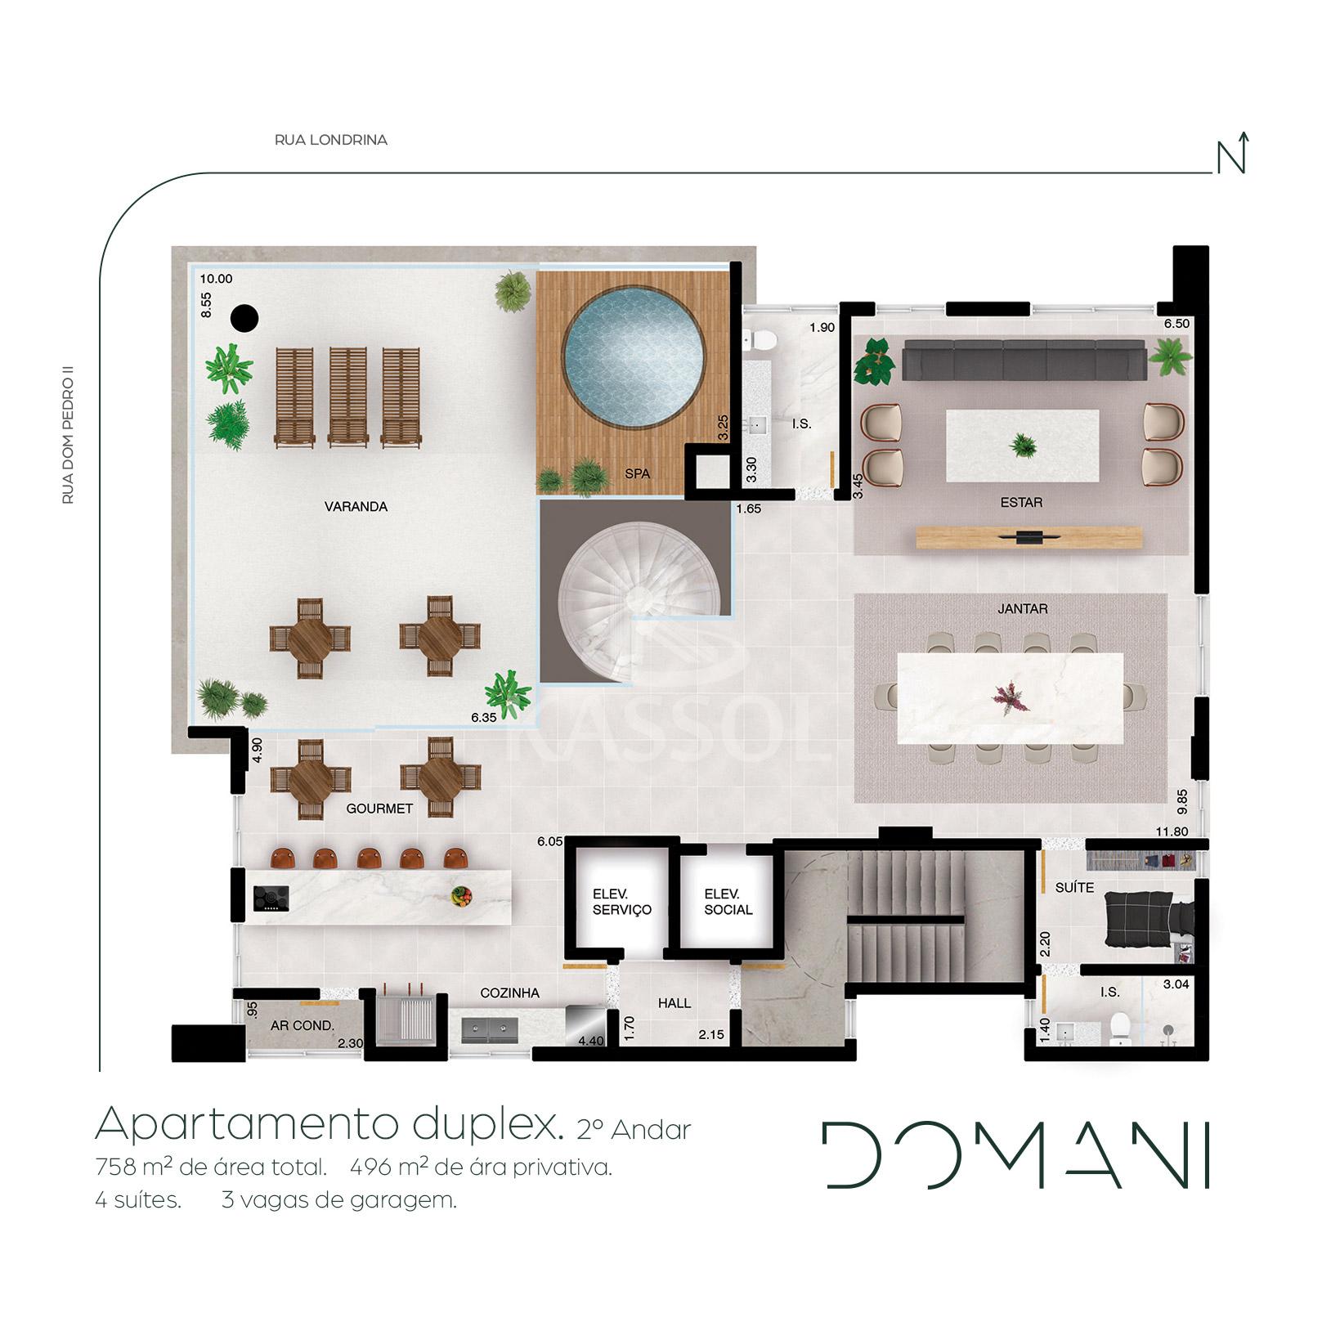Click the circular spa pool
(x=634, y=357)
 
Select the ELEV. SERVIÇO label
(x=622, y=902)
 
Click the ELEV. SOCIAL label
(x=728, y=902)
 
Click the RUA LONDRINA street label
(x=331, y=140)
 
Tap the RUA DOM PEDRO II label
(x=69, y=439)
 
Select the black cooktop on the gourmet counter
(x=271, y=899)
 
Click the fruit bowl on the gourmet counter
(x=462, y=896)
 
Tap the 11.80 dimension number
(x=1172, y=832)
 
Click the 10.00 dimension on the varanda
(x=217, y=279)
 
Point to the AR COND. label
(x=303, y=1025)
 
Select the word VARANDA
(x=356, y=507)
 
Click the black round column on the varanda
(x=244, y=318)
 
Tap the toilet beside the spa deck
(x=757, y=338)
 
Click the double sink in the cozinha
(x=489, y=1030)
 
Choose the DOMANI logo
(x=1017, y=1154)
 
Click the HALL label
(x=674, y=1003)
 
